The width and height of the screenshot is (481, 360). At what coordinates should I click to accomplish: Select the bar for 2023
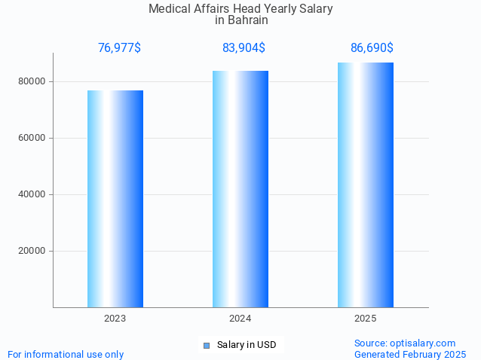(115, 199)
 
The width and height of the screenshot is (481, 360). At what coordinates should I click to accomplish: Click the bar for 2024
(240, 189)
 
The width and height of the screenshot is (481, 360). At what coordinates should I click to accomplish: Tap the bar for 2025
(366, 185)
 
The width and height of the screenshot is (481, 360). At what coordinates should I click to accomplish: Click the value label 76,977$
(119, 48)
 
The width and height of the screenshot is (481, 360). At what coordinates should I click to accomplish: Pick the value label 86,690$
(372, 48)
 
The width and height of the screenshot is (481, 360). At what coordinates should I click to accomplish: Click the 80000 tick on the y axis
(32, 81)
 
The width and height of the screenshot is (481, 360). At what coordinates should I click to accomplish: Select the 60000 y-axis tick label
(32, 138)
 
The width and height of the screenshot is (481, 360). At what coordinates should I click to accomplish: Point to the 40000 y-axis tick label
(32, 194)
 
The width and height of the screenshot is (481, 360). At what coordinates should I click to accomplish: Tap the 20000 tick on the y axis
(32, 251)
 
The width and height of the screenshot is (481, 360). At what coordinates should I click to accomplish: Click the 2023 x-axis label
(115, 319)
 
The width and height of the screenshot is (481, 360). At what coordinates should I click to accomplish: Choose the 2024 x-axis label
(240, 319)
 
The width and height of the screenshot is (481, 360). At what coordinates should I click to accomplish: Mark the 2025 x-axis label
(366, 319)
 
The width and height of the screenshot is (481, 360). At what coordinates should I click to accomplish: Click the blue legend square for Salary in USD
(206, 346)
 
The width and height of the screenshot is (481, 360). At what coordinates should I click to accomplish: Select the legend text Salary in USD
(247, 345)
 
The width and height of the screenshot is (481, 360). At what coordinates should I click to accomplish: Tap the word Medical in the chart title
(170, 8)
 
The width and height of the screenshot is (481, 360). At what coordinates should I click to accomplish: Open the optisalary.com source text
(405, 343)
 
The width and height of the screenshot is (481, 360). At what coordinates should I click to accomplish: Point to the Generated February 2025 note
(410, 354)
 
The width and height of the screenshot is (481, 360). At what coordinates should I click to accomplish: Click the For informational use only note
(66, 354)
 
